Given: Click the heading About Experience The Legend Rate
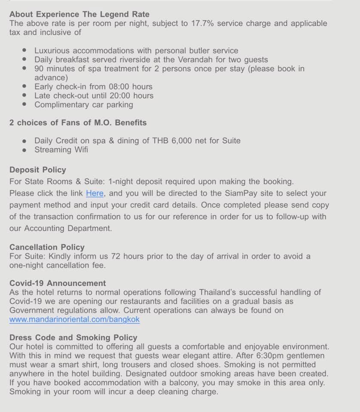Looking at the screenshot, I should point(79,14).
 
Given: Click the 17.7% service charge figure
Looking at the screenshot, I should point(202,23).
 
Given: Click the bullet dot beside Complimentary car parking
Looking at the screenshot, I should point(25,105).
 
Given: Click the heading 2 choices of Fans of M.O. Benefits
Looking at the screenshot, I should point(78,123).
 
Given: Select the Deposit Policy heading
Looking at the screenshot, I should point(38,170).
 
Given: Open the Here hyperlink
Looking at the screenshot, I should point(95,193).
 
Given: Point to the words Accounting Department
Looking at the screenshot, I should point(68,228).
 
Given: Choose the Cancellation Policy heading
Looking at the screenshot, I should point(47,247).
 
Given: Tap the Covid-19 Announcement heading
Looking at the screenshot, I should point(58,283).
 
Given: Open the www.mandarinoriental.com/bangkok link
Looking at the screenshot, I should point(74,319).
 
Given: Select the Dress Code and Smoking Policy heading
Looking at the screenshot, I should point(73,337).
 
